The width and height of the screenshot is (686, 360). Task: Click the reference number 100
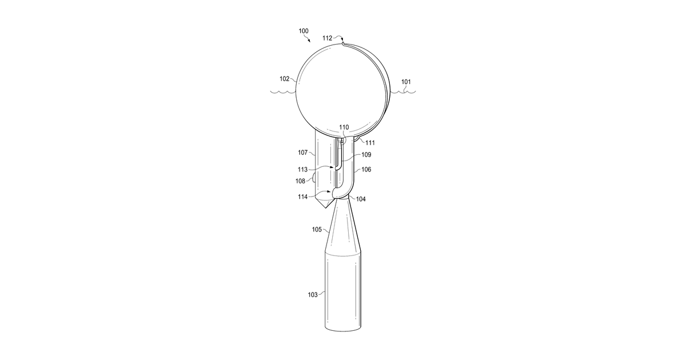[x=304, y=31]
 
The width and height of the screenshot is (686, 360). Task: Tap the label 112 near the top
[x=327, y=38]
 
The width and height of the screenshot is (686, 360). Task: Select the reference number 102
[x=284, y=79]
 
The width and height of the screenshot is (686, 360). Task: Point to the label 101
[x=406, y=82]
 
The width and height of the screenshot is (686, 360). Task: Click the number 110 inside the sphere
[x=344, y=127]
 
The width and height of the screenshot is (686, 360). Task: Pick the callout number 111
[x=370, y=143]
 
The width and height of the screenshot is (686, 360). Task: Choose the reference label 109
[x=366, y=155]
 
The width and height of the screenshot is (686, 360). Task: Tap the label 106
[x=366, y=169]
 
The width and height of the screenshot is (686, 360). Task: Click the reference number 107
[x=302, y=153]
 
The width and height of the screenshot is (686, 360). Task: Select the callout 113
[x=302, y=170]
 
